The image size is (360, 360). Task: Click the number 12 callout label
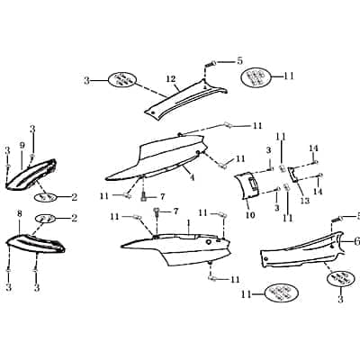click(x=171, y=79)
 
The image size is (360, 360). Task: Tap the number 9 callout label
click(x=22, y=146)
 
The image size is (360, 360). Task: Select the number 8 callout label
click(x=20, y=214)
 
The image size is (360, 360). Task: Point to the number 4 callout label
click(x=192, y=177)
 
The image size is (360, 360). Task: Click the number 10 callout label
click(x=250, y=215)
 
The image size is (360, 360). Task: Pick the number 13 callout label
click(x=305, y=201)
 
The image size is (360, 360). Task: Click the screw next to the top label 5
click(x=210, y=64)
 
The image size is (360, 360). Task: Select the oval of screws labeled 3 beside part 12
click(x=121, y=79)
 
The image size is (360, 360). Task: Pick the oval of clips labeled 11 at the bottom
click(x=281, y=293)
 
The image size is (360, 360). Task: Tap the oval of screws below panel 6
click(x=340, y=279)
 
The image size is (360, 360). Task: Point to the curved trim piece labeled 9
click(x=31, y=175)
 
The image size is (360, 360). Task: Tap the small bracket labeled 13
click(x=293, y=174)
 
